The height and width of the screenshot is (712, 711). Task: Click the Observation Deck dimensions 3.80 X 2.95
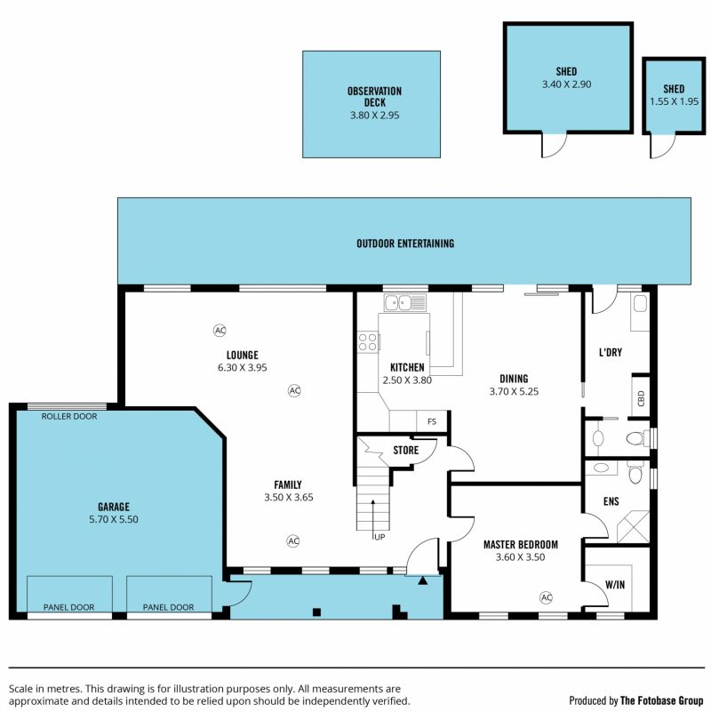point(374,116)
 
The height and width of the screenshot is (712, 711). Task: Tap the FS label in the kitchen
point(432,421)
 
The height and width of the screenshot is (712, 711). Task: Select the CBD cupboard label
point(641,398)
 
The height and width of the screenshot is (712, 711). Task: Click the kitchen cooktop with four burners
point(368,342)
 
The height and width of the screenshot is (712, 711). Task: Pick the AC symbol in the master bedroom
point(547,597)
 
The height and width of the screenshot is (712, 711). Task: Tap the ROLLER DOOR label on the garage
point(69,416)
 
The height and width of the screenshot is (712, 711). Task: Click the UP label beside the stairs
point(379,537)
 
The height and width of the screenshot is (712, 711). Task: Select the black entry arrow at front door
point(423,580)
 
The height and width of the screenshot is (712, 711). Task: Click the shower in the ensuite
point(634,527)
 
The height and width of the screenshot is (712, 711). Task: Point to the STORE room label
point(406,450)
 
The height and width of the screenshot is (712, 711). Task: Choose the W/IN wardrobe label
point(615,585)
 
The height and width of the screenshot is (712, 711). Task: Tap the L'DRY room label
point(611,352)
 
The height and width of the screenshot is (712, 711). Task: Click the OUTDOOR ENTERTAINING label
point(405,244)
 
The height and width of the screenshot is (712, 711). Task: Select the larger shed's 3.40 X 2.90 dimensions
point(567,84)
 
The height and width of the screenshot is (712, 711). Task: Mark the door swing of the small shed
point(663,146)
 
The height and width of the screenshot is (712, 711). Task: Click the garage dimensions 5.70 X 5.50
point(114,519)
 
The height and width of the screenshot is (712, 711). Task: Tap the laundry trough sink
point(640,304)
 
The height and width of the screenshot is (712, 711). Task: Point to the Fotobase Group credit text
point(635,700)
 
